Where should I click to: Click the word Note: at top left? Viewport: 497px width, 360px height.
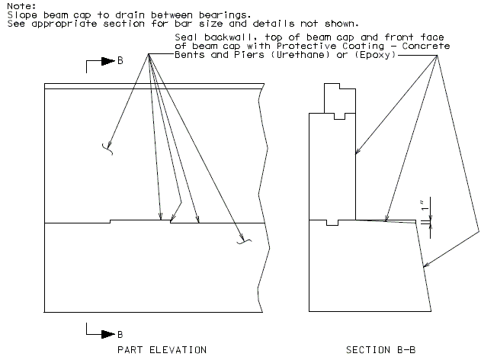(21, 6)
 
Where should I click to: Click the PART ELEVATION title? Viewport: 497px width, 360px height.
(162, 350)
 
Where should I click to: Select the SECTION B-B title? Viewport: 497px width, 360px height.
(380, 350)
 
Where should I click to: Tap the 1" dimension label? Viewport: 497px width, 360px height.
(425, 205)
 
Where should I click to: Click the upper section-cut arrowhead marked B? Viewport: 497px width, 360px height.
(108, 61)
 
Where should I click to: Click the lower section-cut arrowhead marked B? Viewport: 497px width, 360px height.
(108, 334)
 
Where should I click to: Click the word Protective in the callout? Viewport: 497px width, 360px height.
(306, 46)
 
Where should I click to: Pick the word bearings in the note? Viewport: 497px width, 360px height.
(225, 15)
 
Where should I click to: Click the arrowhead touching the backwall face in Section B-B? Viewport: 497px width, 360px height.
(358, 151)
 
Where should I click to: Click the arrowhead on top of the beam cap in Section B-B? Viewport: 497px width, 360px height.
(386, 217)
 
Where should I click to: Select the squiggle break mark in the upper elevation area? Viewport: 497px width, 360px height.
(108, 149)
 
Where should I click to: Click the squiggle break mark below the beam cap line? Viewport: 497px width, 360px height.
(244, 241)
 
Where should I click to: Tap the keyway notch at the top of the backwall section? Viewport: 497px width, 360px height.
(339, 116)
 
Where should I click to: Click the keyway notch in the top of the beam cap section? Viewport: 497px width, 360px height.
(332, 223)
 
